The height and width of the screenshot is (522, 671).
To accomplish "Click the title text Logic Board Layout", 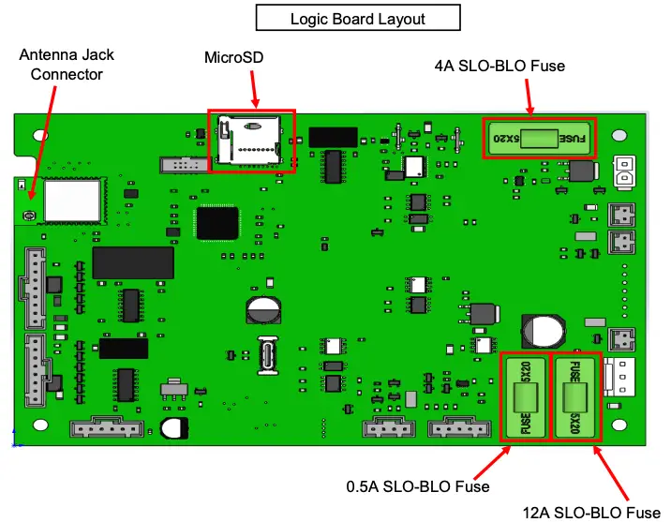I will (357, 19).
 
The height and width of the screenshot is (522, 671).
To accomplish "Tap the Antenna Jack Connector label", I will (60, 66).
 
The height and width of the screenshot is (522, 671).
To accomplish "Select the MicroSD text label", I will (234, 58).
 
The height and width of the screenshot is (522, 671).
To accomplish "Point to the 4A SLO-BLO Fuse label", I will (500, 67).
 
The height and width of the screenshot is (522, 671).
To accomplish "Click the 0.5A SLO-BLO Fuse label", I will (418, 486).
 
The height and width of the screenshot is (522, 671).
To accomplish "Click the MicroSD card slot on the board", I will (250, 141).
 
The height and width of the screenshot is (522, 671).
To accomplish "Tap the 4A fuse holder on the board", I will (539, 139).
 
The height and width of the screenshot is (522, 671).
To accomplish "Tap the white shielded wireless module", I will (71, 200).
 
